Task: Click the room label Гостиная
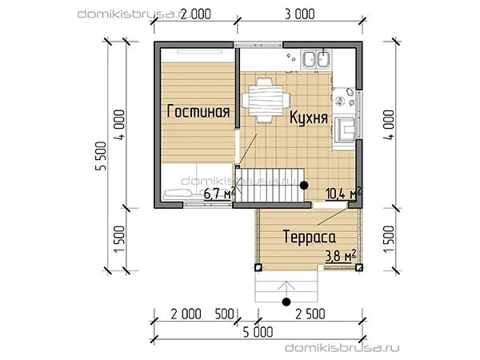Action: click(198, 111)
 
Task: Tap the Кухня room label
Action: click(309, 118)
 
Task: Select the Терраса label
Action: click(310, 237)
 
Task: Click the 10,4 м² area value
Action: click(343, 193)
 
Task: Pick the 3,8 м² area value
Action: click(341, 256)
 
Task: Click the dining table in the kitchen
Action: click(265, 100)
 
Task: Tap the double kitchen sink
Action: click(317, 59)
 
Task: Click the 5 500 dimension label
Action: click(101, 156)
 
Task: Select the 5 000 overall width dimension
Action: click(258, 332)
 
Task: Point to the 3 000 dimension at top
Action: click(300, 14)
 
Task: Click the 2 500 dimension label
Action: click(310, 314)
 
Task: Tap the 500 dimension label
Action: click(224, 314)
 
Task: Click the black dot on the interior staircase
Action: click(304, 186)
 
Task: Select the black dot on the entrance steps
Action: click(286, 302)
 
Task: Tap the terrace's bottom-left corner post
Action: click(258, 267)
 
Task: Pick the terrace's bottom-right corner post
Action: click(359, 268)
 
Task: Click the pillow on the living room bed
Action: click(178, 193)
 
